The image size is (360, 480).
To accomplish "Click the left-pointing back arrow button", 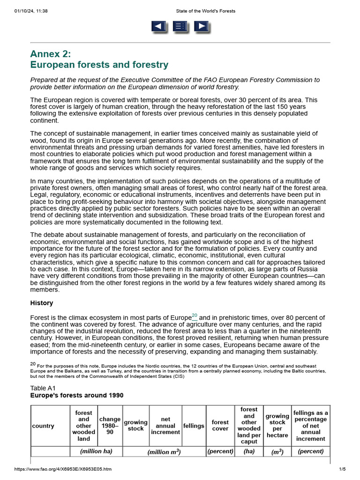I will (x=159, y=27).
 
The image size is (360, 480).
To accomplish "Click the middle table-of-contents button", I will (x=180, y=27).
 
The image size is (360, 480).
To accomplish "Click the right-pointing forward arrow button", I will (x=202, y=27).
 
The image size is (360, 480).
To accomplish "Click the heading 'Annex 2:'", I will (x=51, y=53).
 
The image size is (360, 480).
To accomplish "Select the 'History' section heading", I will (x=42, y=303).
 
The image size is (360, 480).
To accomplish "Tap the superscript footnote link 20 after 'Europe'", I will (x=195, y=315).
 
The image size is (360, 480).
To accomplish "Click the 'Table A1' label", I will (x=43, y=388).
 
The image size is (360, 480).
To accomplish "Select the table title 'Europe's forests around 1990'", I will (x=77, y=395).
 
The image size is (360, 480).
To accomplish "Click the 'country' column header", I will (x=43, y=426).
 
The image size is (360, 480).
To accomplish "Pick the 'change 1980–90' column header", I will (x=110, y=426).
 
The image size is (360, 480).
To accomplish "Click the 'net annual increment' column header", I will (x=165, y=426).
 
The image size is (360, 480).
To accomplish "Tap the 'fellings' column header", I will (x=194, y=426).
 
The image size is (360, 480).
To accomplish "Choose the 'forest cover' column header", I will (x=220, y=426).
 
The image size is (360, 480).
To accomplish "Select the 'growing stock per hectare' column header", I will (x=277, y=426).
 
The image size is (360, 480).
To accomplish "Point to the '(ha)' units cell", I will (x=249, y=451).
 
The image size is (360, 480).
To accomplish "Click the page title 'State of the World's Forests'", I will (x=205, y=11).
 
